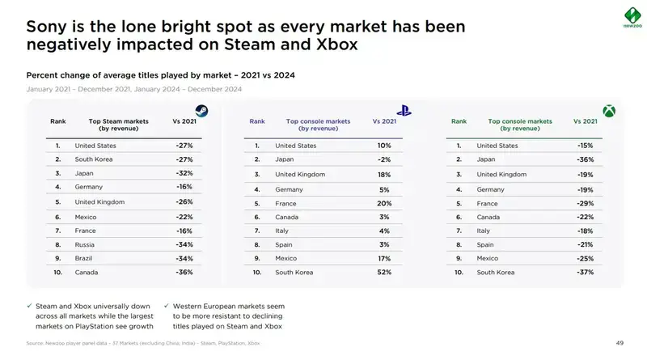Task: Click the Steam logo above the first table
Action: point(197,111)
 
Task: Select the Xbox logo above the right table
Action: point(607,111)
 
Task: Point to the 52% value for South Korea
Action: point(384,273)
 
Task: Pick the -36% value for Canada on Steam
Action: point(184,273)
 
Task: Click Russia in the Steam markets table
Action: point(86,244)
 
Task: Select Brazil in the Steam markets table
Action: point(84,258)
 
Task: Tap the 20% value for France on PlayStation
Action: point(384,203)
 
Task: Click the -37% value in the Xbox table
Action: point(586,273)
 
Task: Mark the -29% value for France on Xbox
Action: point(586,203)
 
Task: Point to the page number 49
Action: point(620,343)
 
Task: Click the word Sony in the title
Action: point(47,26)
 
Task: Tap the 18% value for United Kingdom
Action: point(384,174)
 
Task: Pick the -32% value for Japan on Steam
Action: point(184,174)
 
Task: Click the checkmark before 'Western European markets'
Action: point(165,307)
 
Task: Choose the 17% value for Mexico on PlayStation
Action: point(384,258)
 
